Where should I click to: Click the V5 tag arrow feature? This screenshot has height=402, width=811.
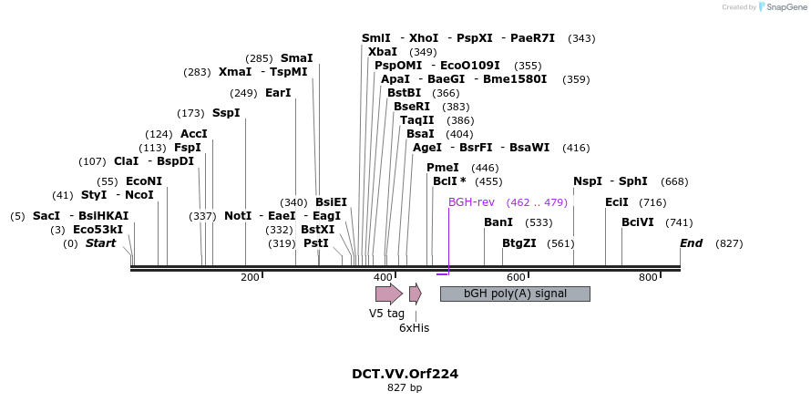pyautogui.click(x=388, y=294)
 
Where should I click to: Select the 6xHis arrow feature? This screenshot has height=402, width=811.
pyautogui.click(x=415, y=294)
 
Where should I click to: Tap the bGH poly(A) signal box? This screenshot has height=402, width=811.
pyautogui.click(x=515, y=294)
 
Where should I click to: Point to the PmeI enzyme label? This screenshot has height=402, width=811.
pyautogui.click(x=443, y=168)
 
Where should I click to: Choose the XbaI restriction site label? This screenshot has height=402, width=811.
pyautogui.click(x=383, y=52)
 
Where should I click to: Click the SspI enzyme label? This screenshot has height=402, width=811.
pyautogui.click(x=226, y=113)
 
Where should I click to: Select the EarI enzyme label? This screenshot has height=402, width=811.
pyautogui.click(x=278, y=93)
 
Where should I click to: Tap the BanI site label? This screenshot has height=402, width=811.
pyautogui.click(x=498, y=222)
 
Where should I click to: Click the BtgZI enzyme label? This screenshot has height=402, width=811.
pyautogui.click(x=519, y=243)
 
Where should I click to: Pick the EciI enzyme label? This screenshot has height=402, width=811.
pyautogui.click(x=617, y=202)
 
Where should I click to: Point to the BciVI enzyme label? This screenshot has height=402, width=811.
pyautogui.click(x=638, y=222)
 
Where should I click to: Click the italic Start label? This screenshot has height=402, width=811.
pyautogui.click(x=101, y=243)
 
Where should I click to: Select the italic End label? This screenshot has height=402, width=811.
pyautogui.click(x=692, y=243)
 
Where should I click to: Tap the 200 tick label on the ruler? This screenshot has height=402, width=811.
pyautogui.click(x=250, y=277)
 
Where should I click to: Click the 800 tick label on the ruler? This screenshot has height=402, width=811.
pyautogui.click(x=648, y=277)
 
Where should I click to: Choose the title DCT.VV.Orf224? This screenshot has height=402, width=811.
pyautogui.click(x=405, y=374)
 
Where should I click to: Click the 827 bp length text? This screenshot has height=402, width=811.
pyautogui.click(x=405, y=388)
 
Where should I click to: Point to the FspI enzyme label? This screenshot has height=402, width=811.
pyautogui.click(x=188, y=148)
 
